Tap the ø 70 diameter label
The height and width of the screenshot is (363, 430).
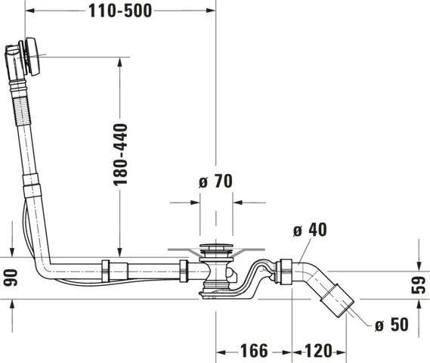coord(215,181)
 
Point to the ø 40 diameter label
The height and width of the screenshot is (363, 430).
coord(309,230)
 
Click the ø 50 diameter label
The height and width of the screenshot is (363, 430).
coord(393,325)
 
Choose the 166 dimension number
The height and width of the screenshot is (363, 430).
coord(253,351)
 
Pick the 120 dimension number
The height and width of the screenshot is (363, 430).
coord(318,351)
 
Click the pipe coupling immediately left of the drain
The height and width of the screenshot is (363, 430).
coord(184,268)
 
